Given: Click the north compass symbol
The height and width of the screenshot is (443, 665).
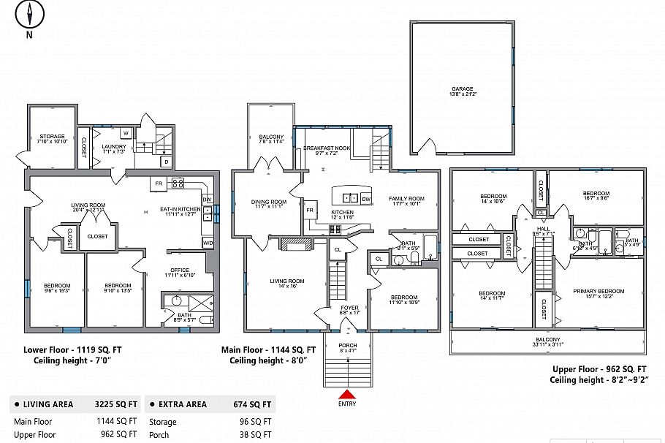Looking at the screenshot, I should click(30, 15).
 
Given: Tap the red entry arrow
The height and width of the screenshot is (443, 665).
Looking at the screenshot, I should click(347, 394).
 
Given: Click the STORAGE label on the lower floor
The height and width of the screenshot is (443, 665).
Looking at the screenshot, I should click(52, 137).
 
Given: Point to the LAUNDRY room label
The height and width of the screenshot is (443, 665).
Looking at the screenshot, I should click(114, 147).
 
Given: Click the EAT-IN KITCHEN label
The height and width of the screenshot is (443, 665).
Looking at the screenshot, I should click(179, 210).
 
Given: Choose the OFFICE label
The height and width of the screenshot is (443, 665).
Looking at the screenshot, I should click(179, 270).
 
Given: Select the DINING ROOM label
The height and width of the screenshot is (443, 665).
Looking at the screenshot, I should click(269, 202).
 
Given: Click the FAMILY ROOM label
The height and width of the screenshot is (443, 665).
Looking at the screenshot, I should click(406, 199).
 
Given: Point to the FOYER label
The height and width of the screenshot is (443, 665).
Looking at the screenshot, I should click(350, 308).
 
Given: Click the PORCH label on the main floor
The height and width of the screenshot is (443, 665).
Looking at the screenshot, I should click(347, 345).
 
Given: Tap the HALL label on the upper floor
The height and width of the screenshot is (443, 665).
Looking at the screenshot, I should click(543, 229).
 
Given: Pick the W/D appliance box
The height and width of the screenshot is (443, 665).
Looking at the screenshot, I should click(208, 242).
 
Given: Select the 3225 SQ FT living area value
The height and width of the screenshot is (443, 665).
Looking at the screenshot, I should click(117, 404).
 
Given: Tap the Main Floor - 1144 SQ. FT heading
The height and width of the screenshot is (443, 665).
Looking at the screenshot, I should click(268, 350).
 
